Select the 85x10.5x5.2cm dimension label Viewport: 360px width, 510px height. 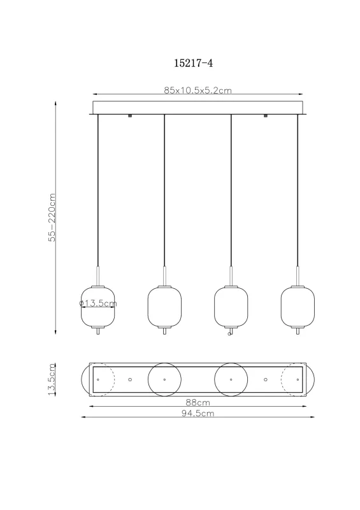[198, 91]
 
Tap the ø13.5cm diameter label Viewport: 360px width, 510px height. [98, 304]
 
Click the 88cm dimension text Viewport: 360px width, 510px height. [198, 402]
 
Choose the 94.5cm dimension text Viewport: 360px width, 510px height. [198, 413]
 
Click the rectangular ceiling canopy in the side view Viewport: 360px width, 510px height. [198, 107]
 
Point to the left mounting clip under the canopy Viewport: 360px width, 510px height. [130, 116]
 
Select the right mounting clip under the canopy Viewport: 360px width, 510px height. [264, 116]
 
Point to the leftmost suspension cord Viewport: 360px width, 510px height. [98, 191]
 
